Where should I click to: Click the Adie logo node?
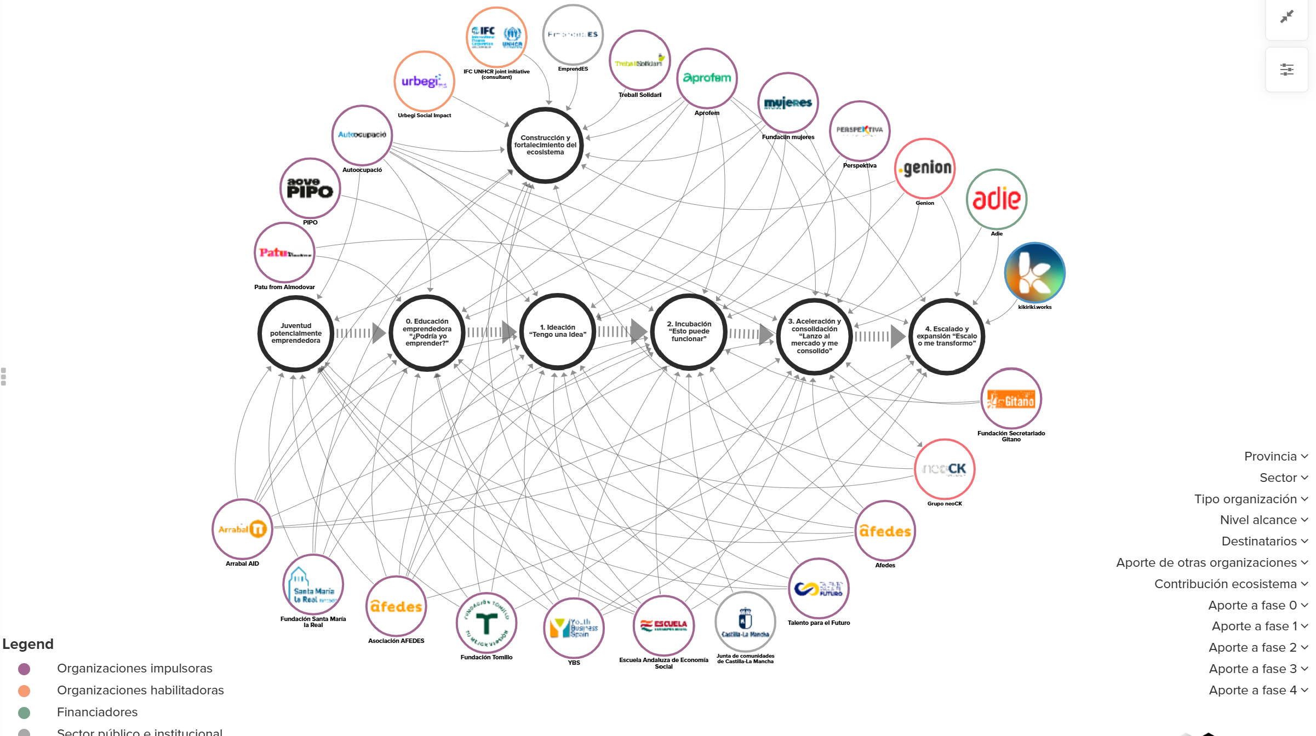(x=996, y=199)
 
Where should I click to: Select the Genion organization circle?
(x=925, y=168)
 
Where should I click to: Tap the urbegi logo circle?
(x=424, y=82)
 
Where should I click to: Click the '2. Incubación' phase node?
(x=689, y=331)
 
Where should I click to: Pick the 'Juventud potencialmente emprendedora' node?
(x=296, y=333)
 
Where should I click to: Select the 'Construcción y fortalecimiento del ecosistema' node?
(x=545, y=145)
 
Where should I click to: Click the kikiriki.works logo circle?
(x=1034, y=273)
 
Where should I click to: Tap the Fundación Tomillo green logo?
(x=486, y=623)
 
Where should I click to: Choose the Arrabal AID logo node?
(x=242, y=529)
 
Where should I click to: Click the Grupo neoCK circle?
(x=944, y=469)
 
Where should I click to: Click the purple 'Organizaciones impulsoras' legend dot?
(x=24, y=669)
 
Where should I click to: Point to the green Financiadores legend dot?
(x=24, y=712)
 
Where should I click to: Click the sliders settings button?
(x=1286, y=70)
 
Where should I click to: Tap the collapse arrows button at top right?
(x=1286, y=17)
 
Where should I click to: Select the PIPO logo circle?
(x=310, y=188)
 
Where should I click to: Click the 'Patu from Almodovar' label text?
(x=284, y=287)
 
